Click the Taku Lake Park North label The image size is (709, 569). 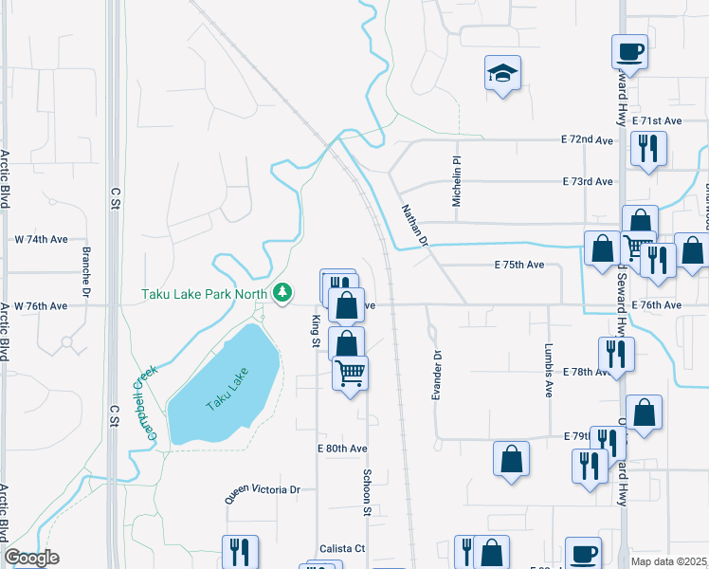click(x=205, y=293)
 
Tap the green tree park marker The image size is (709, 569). click(x=282, y=293)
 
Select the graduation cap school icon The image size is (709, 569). click(x=502, y=73)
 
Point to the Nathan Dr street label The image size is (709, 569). click(x=415, y=226)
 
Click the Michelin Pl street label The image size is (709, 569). click(x=456, y=182)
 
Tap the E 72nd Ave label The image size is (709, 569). click(x=588, y=139)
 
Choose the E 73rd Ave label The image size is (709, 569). click(x=588, y=181)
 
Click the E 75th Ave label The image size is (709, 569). click(x=519, y=266)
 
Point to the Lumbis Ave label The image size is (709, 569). click(x=548, y=370)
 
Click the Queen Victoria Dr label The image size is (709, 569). click(x=262, y=491)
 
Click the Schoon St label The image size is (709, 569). click(x=365, y=492)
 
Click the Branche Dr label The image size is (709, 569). click(x=86, y=270)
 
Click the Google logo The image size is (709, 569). click(x=32, y=558)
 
